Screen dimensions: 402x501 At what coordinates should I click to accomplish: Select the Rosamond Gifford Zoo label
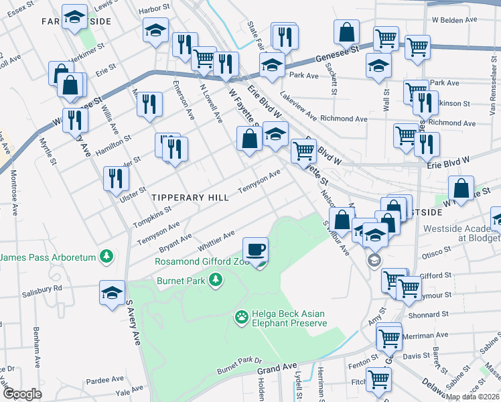pos(198,261)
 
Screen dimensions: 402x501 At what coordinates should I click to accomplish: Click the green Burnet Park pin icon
pos(216,279)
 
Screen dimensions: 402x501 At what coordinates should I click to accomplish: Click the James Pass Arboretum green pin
pos(106,255)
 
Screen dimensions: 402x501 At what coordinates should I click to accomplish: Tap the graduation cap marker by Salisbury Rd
pos(113,293)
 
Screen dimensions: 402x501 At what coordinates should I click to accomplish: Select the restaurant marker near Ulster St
pos(117,179)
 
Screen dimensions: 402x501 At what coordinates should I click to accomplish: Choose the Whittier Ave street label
pos(215,243)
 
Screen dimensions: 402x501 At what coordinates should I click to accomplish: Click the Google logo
pos(22,394)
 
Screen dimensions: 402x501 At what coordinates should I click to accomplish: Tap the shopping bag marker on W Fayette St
pos(248,139)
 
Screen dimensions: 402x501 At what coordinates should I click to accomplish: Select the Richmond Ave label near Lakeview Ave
pos(344,119)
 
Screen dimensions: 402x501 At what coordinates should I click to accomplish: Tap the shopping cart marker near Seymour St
pos(408,289)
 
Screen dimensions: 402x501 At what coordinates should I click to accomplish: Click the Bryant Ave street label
pos(175,240)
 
